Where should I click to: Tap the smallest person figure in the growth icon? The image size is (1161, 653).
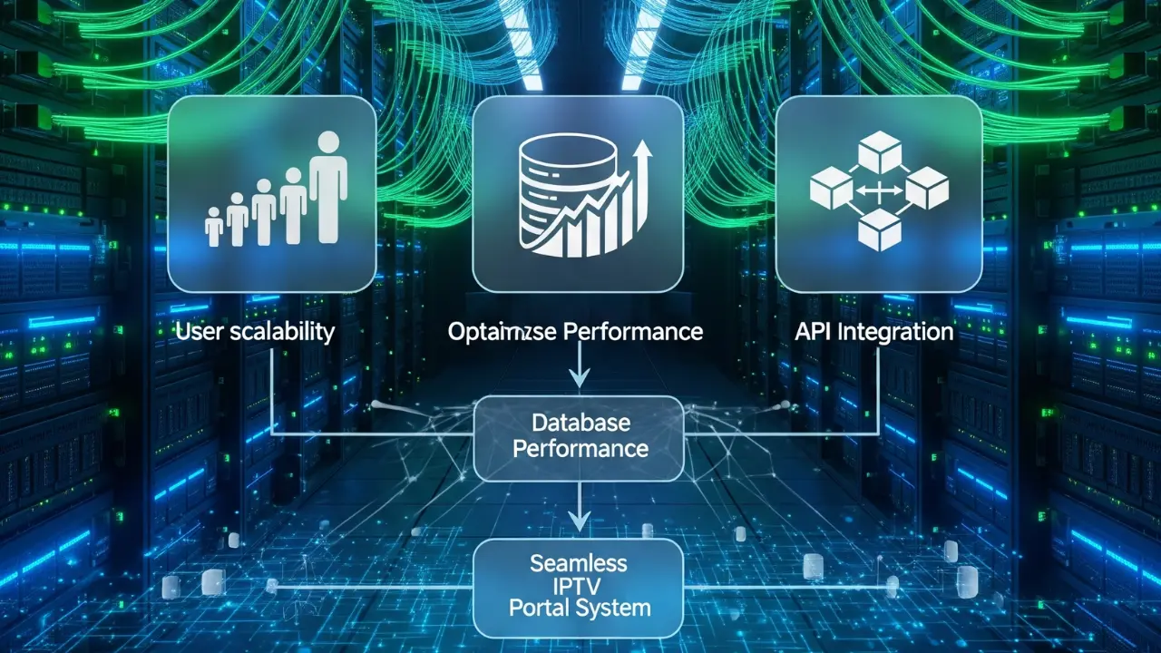point(214,227)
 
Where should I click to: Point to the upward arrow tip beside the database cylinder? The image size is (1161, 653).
point(643,147)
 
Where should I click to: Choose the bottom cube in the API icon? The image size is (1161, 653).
point(879,229)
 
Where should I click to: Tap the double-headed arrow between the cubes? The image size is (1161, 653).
point(878,190)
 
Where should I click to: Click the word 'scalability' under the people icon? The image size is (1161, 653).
point(281,332)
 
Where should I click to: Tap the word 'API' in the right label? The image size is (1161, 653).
point(814,332)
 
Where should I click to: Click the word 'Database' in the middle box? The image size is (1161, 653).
point(580,423)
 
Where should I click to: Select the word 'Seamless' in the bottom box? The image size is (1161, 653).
point(578,563)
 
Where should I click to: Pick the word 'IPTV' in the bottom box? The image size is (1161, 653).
point(579,585)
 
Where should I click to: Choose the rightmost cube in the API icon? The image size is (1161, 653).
point(926,190)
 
